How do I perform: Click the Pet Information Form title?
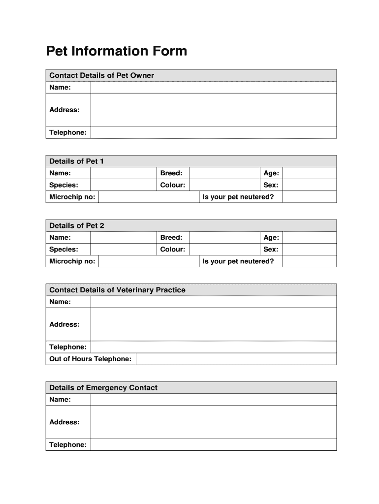[x=116, y=51]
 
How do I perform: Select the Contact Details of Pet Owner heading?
[x=101, y=75]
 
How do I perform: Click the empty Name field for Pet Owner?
[x=213, y=88]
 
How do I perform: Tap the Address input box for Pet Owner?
[x=213, y=110]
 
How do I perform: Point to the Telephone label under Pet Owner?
[x=68, y=132]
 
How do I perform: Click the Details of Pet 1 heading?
[x=76, y=161]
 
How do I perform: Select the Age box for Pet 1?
[x=310, y=173]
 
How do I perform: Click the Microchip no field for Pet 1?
[x=148, y=197]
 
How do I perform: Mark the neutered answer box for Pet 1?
[x=310, y=197]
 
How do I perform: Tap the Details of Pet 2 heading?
[x=76, y=225]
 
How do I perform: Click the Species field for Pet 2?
[x=123, y=250]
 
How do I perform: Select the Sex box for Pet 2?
[x=310, y=250]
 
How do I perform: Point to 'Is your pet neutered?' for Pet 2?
[x=238, y=261]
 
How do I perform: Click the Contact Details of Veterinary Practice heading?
[x=117, y=290]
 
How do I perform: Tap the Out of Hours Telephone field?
[x=236, y=359]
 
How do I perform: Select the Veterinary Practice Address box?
[x=213, y=324]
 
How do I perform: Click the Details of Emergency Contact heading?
[x=103, y=388]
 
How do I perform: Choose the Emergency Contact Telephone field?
[x=213, y=445]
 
